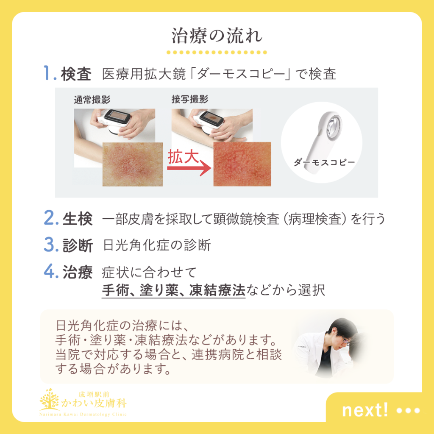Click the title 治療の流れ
[x=217, y=36]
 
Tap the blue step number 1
[x=47, y=73]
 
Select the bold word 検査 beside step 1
[x=76, y=74]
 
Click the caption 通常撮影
[x=92, y=100]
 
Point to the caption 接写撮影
[x=189, y=99]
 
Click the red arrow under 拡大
[x=189, y=168]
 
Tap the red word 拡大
[x=183, y=156]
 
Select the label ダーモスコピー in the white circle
[x=324, y=162]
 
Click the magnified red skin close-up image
[x=242, y=164]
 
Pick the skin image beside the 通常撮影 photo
[x=133, y=164]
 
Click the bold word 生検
[x=78, y=218]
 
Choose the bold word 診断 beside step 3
[x=78, y=245]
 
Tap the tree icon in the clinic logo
[x=50, y=399]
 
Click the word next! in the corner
[x=365, y=410]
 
